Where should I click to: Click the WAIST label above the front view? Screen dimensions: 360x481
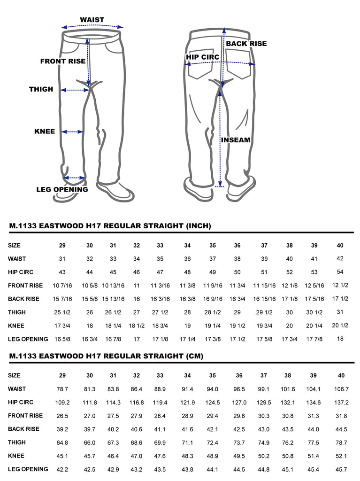(92, 20)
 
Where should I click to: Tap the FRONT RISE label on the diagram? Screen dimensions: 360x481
(63, 61)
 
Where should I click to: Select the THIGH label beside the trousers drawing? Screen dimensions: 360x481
(41, 89)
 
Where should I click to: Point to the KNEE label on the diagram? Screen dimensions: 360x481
(45, 132)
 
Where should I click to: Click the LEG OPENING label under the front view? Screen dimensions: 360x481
(62, 189)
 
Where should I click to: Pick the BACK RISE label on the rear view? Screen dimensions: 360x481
(246, 44)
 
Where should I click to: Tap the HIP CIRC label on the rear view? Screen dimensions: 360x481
(202, 57)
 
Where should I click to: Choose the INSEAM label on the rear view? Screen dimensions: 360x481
(236, 140)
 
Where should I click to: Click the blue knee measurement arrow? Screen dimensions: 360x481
(72, 132)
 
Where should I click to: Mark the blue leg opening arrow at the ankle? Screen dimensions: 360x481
(74, 178)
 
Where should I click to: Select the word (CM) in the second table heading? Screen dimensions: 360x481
(195, 356)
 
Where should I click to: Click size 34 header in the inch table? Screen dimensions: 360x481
(187, 245)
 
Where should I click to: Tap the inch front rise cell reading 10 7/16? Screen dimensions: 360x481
(62, 285)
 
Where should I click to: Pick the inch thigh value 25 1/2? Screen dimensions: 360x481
(62, 312)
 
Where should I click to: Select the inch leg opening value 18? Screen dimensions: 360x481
(340, 339)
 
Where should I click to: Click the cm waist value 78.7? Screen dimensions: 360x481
(62, 389)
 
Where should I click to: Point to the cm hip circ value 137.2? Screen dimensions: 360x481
(341, 402)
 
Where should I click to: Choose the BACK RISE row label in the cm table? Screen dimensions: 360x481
(23, 429)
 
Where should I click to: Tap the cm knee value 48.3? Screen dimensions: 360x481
(187, 456)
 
